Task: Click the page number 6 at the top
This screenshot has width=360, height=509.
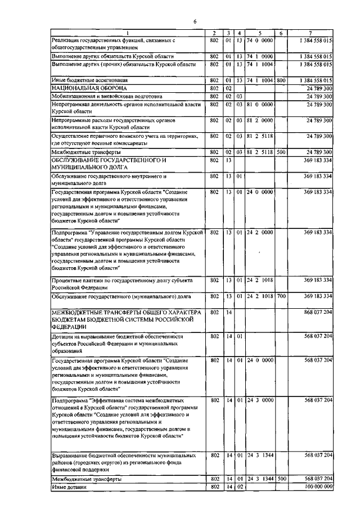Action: tap(194, 21)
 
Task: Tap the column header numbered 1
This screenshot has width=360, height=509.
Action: tap(127, 33)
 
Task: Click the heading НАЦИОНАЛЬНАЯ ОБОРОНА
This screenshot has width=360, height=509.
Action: tap(89, 88)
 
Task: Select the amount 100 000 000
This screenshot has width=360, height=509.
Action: tap(318, 487)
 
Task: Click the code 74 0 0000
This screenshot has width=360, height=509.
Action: tap(260, 40)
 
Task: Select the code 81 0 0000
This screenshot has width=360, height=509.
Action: tap(260, 104)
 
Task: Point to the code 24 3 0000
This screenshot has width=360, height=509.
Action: tap(260, 400)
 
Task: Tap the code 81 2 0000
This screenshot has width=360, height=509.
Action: tap(260, 120)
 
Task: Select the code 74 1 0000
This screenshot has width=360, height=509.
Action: tap(260, 56)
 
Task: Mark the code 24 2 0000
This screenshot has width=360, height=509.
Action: tap(260, 232)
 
